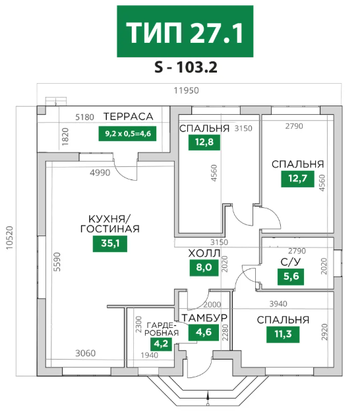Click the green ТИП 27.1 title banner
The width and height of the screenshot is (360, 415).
[185, 31]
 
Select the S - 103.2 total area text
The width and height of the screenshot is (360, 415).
[186, 67]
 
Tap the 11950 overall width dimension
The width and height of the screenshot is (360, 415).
[186, 90]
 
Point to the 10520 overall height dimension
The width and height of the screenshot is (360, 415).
[9, 238]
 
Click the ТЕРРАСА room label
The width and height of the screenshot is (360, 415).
[129, 117]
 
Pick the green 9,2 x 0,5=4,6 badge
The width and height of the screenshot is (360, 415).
[127, 133]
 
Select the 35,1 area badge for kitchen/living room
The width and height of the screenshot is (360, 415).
[110, 243]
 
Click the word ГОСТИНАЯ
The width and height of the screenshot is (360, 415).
[109, 229]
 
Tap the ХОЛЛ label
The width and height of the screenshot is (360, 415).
[204, 253]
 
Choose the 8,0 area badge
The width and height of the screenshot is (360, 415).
[204, 267]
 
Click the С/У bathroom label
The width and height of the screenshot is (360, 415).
[291, 262]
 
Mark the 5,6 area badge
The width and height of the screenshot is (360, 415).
[291, 276]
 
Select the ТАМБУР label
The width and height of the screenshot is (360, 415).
[204, 318]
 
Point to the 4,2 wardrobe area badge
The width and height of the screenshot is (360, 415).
[161, 344]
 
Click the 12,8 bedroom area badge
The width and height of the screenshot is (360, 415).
[204, 143]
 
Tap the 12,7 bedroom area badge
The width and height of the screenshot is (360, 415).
[297, 179]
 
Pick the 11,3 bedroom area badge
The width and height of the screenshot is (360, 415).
[283, 334]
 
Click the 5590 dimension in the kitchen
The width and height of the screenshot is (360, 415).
[57, 262]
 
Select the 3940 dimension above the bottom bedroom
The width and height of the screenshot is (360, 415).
[278, 304]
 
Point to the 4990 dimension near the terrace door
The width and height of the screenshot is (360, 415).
[100, 173]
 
